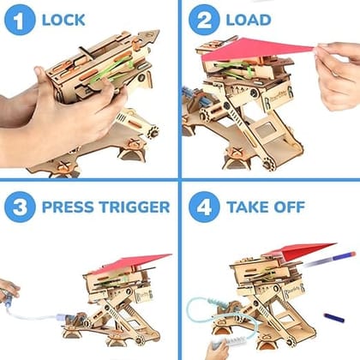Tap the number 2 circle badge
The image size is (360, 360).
point(204,18)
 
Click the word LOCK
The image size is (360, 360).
point(63,19)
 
